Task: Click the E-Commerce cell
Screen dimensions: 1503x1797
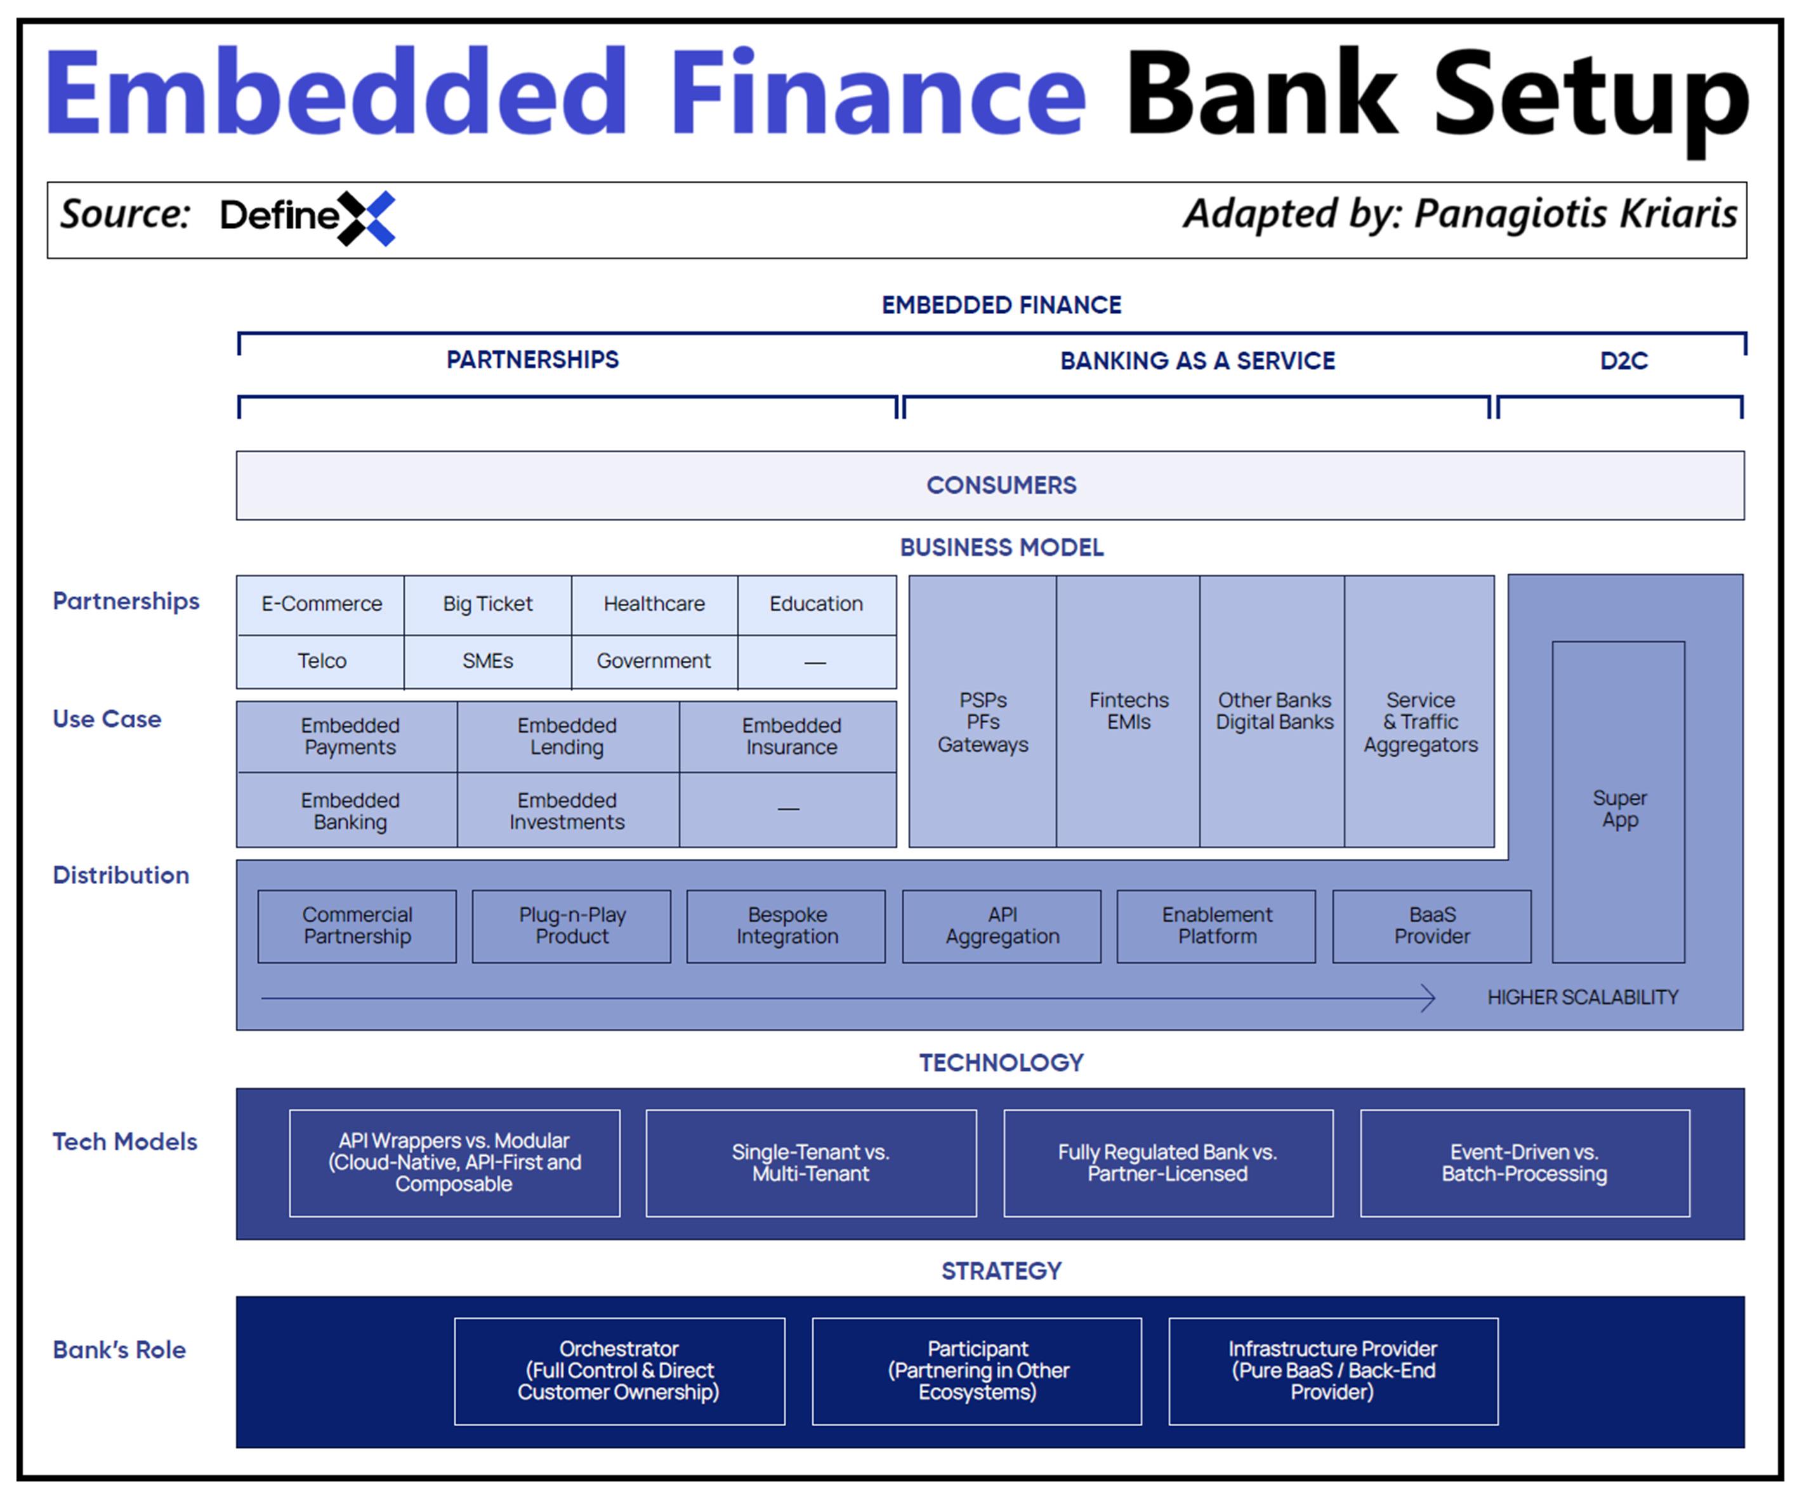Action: tap(321, 604)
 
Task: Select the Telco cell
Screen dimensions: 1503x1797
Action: tap(321, 661)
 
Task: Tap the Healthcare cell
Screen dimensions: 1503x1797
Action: tap(654, 604)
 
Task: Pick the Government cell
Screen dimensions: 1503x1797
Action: tap(654, 661)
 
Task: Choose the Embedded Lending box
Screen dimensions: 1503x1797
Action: tap(567, 737)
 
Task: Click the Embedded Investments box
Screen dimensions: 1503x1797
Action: tap(567, 811)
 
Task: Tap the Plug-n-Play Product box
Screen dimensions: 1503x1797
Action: tap(572, 926)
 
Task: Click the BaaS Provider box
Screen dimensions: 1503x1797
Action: tap(1432, 926)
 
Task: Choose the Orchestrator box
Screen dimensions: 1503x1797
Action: tap(619, 1371)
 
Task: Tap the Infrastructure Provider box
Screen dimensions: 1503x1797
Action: tap(1333, 1371)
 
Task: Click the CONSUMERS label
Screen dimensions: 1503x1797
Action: tap(1001, 486)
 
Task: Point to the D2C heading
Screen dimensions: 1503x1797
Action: tap(1623, 361)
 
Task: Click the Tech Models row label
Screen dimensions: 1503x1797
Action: tap(125, 1142)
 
